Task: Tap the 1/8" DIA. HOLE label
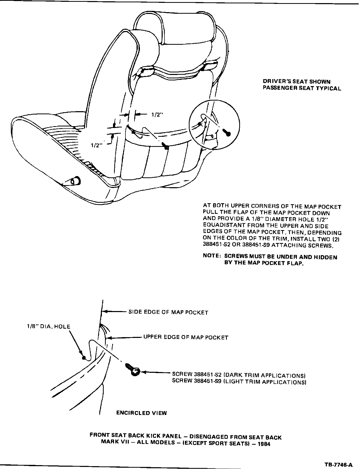49,327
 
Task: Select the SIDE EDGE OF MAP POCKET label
168,312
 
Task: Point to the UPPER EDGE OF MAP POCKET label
186,337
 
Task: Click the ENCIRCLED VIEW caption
141,413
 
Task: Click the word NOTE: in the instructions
212,256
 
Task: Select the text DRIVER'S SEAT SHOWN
297,82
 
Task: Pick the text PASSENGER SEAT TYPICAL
302,88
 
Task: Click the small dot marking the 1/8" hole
84,358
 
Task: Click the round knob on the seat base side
76,181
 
